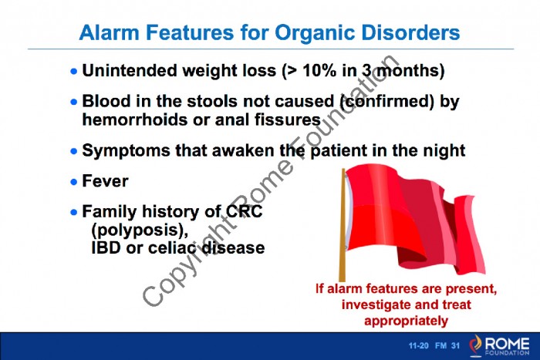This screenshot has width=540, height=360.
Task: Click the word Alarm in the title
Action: pos(110,32)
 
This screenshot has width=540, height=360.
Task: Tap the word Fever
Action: pos(106,181)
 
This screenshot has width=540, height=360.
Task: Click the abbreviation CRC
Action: pos(245,211)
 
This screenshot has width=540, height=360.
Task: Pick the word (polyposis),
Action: pos(140,230)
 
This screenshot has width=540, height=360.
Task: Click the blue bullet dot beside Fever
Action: pos(74,181)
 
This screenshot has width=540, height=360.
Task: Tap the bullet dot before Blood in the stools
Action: pos(74,102)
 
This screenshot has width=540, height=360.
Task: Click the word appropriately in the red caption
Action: pos(407,321)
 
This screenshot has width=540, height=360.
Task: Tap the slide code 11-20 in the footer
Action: pos(418,345)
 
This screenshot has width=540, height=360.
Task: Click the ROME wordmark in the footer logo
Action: pos(508,344)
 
